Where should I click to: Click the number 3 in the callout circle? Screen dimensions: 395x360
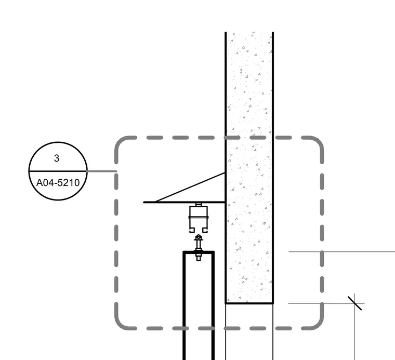click(x=57, y=158)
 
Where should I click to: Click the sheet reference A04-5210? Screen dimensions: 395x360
click(x=58, y=183)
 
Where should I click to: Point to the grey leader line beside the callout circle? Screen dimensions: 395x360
click(x=102, y=171)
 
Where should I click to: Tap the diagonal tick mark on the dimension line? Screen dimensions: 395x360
click(x=354, y=303)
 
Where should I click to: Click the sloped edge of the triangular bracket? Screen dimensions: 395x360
click(x=190, y=188)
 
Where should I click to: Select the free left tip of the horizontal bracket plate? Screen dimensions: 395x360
click(x=144, y=202)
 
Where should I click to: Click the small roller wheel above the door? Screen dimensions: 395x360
click(x=199, y=237)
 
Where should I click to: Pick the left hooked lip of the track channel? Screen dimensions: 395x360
click(x=192, y=230)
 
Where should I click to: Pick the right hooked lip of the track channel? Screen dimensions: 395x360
click(x=205, y=230)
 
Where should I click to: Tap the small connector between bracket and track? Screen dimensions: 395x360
click(x=199, y=205)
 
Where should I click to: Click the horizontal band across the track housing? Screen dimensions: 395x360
click(x=199, y=217)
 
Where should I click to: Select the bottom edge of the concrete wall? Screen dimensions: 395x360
click(x=249, y=303)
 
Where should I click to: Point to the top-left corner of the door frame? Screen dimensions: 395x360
click(x=183, y=252)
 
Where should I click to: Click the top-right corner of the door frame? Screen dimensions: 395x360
click(x=214, y=252)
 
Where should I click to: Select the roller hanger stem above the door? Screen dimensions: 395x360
click(x=199, y=244)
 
